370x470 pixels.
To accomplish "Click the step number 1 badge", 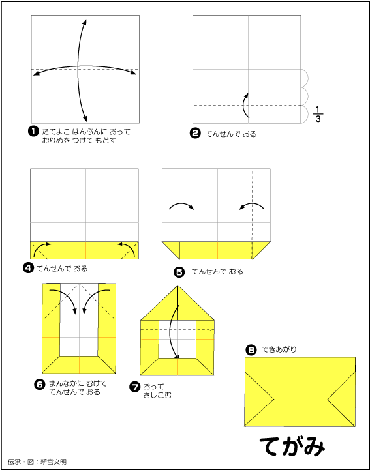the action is [33, 131].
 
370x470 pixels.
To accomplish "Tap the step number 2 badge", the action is [195, 133].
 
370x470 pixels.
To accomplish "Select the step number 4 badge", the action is [28, 268].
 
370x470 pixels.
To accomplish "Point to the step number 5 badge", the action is [179, 272].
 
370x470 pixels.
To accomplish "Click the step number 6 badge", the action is [40, 384].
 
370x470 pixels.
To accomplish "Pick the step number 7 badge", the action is [134, 387].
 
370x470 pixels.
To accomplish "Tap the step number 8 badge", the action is [251, 350].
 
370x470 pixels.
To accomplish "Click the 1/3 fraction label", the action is [318, 114].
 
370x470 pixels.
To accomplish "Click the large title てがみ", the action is [292, 446].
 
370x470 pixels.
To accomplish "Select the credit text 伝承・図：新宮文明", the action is [37, 462].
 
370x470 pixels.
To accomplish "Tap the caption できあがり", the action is [279, 349].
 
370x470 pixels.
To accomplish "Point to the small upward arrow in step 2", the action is [244, 105].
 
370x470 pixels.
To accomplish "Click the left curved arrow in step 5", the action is [182, 204].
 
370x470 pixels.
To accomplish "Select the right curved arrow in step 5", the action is [251, 205].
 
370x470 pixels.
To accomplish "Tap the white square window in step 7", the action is [177, 339].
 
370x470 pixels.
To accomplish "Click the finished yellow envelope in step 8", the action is [300, 392].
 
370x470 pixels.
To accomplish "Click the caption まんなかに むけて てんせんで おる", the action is [78, 388].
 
